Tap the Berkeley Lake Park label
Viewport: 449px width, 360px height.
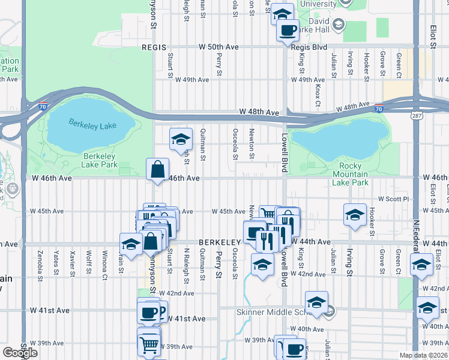(x=100, y=160)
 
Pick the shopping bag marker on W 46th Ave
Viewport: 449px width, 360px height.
(x=157, y=170)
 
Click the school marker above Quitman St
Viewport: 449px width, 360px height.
(x=180, y=140)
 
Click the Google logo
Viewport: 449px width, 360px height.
(x=20, y=353)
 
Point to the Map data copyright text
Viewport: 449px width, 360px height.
(x=423, y=356)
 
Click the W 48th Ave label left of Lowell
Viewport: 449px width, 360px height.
(x=259, y=112)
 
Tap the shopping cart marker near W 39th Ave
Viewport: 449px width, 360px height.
(x=148, y=344)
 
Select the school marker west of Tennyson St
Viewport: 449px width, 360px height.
(x=130, y=244)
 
